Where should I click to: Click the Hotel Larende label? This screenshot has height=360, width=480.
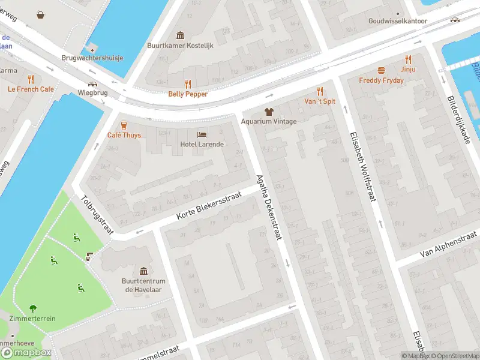202,145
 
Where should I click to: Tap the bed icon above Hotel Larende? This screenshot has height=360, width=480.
202,134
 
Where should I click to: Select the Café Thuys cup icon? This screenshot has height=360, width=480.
124,125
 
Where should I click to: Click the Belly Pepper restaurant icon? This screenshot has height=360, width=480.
188,84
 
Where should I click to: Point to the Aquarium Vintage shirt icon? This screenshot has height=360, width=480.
269,112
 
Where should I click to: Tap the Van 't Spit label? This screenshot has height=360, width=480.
320,101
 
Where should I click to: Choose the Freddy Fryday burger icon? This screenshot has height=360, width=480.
381,70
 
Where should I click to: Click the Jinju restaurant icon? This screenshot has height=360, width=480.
409,59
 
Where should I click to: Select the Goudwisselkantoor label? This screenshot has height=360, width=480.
398,21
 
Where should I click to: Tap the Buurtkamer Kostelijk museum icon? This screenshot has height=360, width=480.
180,35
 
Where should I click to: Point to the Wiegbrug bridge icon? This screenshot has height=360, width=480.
92,84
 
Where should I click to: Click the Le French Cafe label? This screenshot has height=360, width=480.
31,89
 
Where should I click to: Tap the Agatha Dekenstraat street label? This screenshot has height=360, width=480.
269,208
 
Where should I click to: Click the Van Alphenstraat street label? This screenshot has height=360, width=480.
448,245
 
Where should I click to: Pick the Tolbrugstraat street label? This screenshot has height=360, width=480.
97,214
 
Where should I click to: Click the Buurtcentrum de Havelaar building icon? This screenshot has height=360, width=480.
143,272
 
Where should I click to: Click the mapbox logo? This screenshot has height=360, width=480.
26,353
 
